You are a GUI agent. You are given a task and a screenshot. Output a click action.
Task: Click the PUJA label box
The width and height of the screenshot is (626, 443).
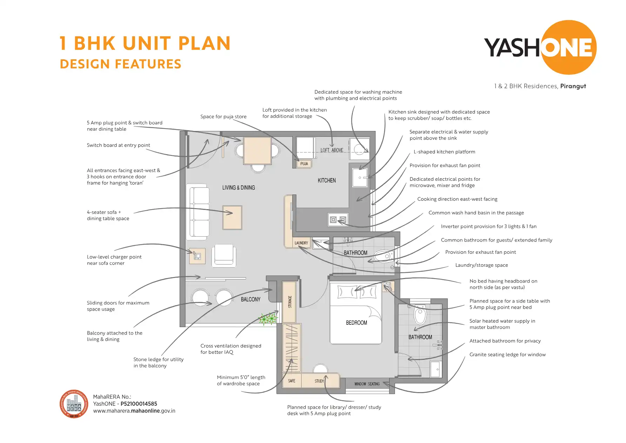(304, 164)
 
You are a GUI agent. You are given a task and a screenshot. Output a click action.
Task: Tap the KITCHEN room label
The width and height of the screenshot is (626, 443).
(327, 180)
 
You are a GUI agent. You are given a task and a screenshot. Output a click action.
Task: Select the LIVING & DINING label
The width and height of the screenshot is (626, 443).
(238, 188)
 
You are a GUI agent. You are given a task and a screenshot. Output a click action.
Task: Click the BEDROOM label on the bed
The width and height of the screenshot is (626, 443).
(356, 323)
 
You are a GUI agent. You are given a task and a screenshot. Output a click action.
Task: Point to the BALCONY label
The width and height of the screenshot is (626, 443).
(250, 299)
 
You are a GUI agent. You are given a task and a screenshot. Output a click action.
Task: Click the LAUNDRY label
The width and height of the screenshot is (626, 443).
(301, 243)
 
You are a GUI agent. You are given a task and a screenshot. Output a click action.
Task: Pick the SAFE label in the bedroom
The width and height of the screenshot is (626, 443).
(291, 381)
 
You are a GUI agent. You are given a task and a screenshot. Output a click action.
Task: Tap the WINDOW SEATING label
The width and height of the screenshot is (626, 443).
(367, 384)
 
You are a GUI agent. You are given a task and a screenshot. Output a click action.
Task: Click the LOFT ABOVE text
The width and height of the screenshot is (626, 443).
(332, 150)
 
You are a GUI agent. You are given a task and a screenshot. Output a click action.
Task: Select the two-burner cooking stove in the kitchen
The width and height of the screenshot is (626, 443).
(338, 220)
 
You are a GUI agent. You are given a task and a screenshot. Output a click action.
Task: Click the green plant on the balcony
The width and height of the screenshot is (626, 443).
(268, 319)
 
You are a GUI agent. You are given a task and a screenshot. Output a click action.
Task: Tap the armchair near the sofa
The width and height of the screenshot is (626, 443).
(223, 256)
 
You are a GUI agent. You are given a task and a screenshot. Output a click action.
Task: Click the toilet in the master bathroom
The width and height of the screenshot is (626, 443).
(420, 315)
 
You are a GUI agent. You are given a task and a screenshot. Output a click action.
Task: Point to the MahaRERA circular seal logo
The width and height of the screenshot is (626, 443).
(74, 404)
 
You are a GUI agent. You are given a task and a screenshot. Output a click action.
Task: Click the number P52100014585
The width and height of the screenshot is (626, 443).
(139, 404)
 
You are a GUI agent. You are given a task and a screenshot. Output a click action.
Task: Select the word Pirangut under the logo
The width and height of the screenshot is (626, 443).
(573, 86)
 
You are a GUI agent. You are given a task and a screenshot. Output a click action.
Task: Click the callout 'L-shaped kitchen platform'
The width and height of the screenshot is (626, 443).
(444, 152)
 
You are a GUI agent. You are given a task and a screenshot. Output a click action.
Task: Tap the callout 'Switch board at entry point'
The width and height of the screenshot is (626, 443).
(118, 145)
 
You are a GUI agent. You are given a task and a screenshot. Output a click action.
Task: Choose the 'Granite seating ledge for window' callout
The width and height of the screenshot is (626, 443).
(507, 355)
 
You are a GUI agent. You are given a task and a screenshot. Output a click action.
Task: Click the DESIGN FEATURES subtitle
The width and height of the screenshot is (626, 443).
(120, 64)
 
